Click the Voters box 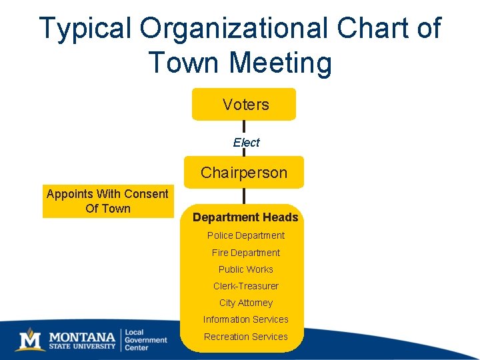tap(244, 105)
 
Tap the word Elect tap(246, 142)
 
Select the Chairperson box tap(244, 173)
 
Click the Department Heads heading tap(245, 217)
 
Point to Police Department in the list tap(245, 235)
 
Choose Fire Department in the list tap(245, 253)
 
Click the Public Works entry tap(245, 269)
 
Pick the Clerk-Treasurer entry tap(245, 286)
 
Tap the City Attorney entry tap(245, 303)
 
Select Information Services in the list tap(245, 319)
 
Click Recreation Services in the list tap(245, 337)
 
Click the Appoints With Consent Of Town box tap(107, 201)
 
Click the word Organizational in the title tap(235, 29)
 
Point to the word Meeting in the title tap(279, 63)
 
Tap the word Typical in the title tap(86, 29)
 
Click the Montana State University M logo tap(29, 339)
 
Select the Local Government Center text tap(145, 339)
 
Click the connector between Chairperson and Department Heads tap(244, 196)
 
